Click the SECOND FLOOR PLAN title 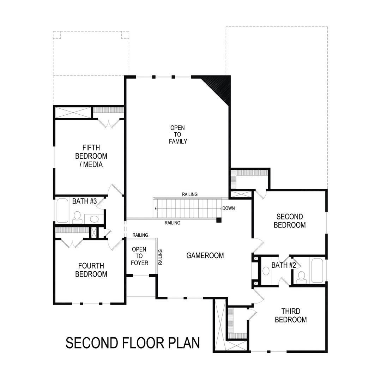tap(133, 343)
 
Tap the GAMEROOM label tap(205, 255)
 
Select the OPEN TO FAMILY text tap(178, 134)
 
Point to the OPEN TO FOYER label tap(139, 256)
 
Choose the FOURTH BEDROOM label tap(91, 270)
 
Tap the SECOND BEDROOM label tap(290, 221)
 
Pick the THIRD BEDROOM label tap(291, 315)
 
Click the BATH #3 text tap(84, 201)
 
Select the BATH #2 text tap(283, 265)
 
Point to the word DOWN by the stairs tap(229, 208)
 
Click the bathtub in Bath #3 tap(62, 210)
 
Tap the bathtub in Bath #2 tap(317, 270)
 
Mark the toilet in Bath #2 tap(301, 277)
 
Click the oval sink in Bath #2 tap(266, 271)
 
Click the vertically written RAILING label tap(160, 257)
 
